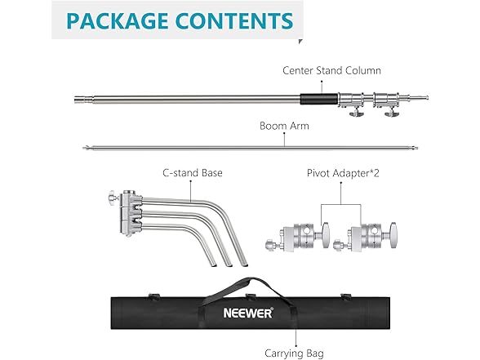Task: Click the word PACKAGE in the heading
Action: point(118,21)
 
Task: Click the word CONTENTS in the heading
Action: point(234,21)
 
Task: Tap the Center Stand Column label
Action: point(331,70)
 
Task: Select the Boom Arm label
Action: point(284,126)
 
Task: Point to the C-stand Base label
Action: point(193,173)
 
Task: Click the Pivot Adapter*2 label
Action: point(343,173)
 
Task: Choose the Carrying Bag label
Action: point(294,353)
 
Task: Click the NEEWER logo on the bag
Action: point(248,313)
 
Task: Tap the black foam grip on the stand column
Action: point(319,100)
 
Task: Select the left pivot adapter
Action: point(297,237)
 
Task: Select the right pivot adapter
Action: point(366,237)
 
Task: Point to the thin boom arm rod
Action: point(251,149)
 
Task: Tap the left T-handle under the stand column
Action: point(356,112)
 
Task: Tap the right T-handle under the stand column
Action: point(392,112)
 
